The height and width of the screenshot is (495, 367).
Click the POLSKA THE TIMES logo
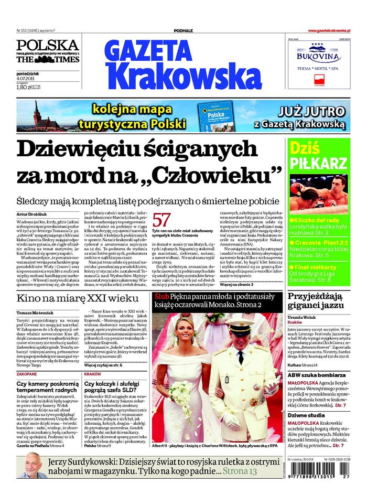click(x=47, y=52)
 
